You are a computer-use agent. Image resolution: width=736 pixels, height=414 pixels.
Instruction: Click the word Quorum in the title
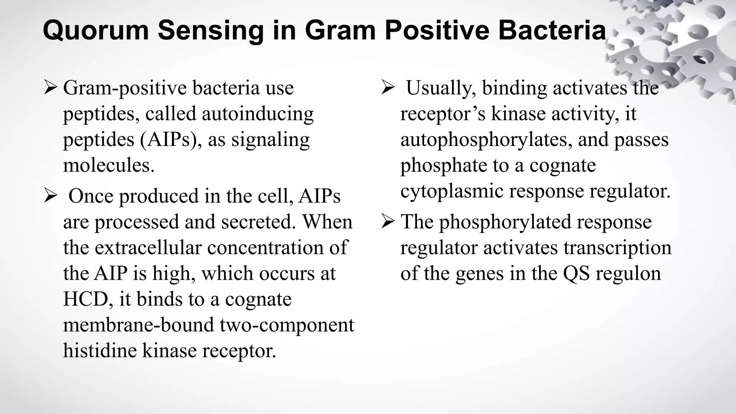point(96,30)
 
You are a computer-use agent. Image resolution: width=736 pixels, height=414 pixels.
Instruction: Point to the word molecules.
point(109,165)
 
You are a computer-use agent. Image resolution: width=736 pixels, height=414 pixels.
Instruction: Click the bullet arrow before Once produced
point(50,196)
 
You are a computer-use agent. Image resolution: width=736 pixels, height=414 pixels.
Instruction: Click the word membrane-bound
point(138,325)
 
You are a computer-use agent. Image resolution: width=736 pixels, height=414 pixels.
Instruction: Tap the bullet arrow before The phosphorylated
point(388,222)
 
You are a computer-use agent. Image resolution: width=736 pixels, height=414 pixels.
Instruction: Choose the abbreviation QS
point(576,273)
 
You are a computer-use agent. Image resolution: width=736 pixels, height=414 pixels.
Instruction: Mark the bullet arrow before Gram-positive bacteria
point(50,88)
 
